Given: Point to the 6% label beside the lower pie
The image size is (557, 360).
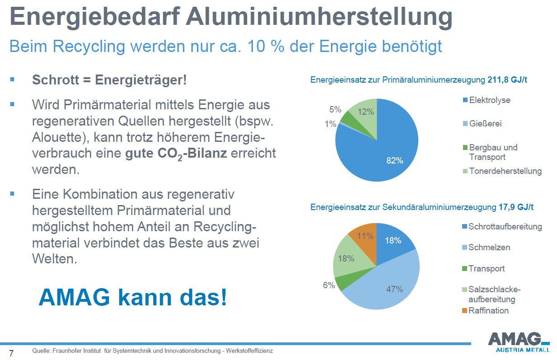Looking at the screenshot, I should pos(329,285).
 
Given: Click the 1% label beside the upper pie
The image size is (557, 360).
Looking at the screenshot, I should pos(330,124).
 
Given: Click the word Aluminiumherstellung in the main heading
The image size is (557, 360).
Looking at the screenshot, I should pos(319,17).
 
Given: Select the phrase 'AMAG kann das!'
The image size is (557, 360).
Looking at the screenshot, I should pos(133,297).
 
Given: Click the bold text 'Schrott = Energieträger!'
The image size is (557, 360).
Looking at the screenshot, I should pos(109,80).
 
